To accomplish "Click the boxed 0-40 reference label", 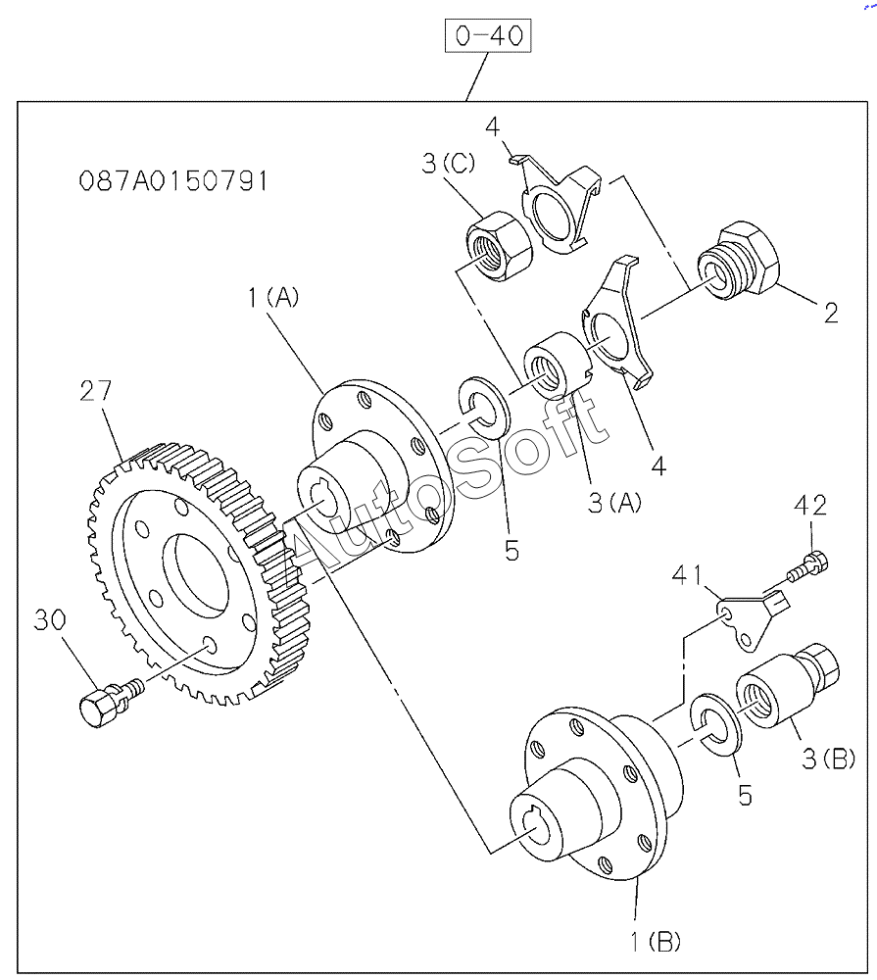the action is (x=488, y=35).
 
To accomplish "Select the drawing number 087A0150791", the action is (x=173, y=181).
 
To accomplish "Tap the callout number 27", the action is (x=96, y=391).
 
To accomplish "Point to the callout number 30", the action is (x=50, y=620).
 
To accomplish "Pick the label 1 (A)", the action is (x=273, y=297).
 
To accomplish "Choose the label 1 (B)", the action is (x=656, y=941).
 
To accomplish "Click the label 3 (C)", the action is (x=449, y=163).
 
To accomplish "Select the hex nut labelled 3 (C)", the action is (x=499, y=246).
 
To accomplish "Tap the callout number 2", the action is (x=831, y=314).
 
